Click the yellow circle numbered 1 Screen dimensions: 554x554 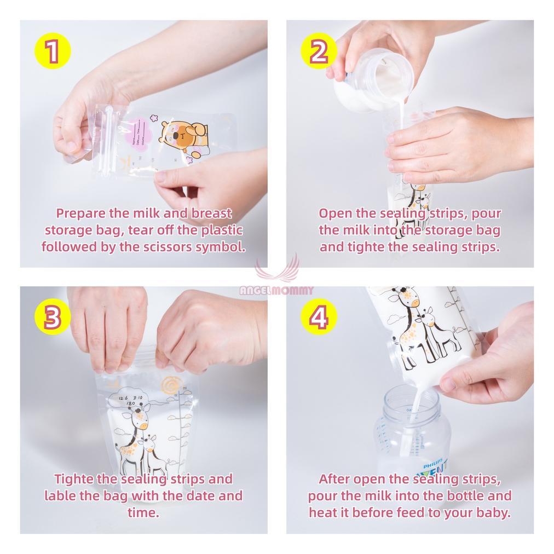click(x=52, y=52)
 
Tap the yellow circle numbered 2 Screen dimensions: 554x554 click(x=319, y=52)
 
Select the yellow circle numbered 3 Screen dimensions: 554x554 click(x=52, y=318)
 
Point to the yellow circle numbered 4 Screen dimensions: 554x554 click(x=319, y=318)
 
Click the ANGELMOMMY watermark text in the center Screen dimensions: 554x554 click(x=276, y=291)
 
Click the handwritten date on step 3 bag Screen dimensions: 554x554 click(x=130, y=400)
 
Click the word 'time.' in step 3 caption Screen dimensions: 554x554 click(x=143, y=513)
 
